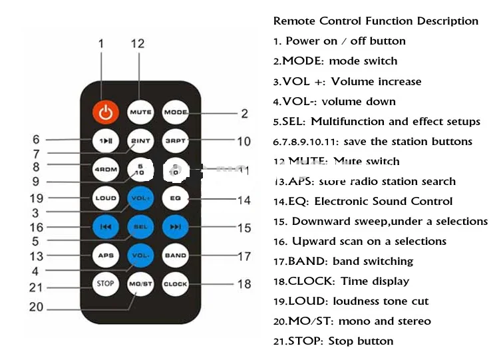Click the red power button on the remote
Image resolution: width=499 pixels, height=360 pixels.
click(x=104, y=112)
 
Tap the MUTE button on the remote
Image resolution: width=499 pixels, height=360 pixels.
click(x=140, y=112)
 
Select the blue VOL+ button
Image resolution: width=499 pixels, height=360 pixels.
click(x=140, y=198)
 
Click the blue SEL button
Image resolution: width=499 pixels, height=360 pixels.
click(x=140, y=226)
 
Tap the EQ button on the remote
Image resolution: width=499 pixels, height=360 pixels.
click(x=176, y=198)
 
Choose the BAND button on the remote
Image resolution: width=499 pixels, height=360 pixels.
click(x=176, y=255)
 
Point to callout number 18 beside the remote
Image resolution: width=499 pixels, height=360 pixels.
click(x=244, y=284)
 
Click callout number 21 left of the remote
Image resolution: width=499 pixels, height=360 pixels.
click(x=35, y=287)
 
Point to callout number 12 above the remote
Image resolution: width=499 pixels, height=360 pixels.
click(x=137, y=44)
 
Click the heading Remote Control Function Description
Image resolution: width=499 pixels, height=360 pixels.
click(x=375, y=21)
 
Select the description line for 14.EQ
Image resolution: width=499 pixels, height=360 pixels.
click(x=363, y=201)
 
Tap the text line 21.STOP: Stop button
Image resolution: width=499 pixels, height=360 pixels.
click(x=333, y=341)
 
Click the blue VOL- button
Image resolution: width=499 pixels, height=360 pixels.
click(x=140, y=255)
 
